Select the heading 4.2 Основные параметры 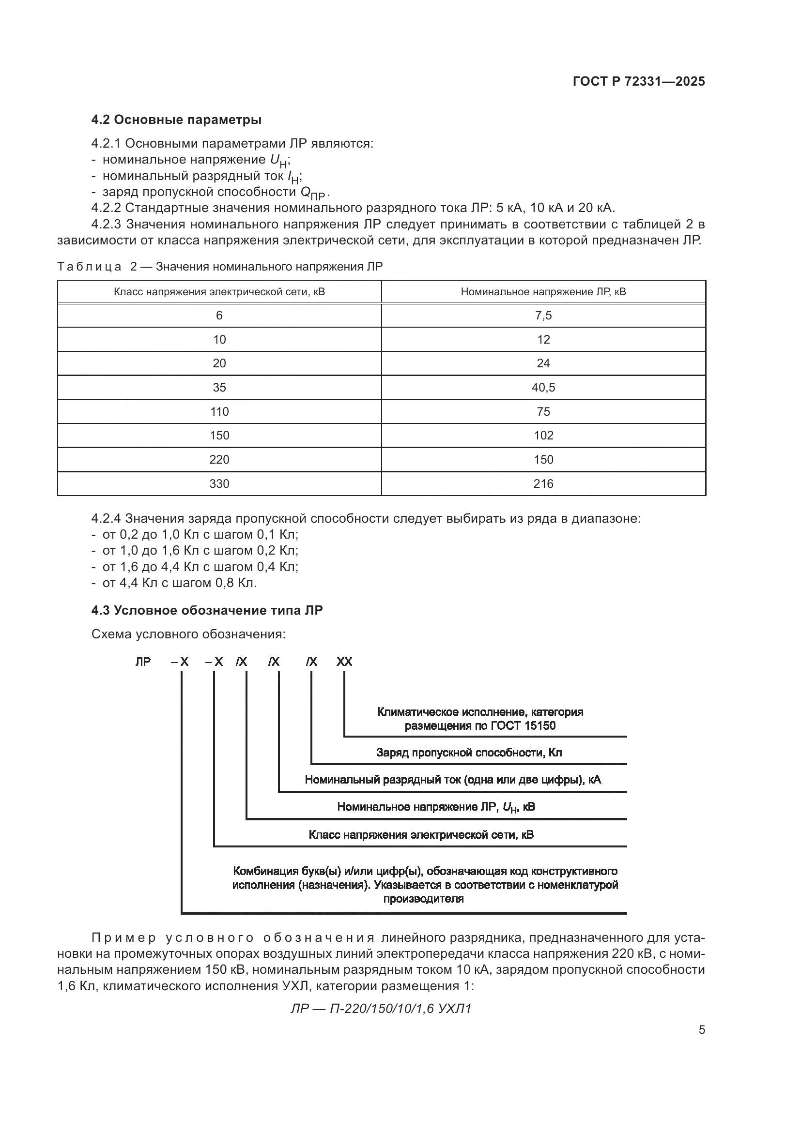176,120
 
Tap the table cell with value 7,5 543,316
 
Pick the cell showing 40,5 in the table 543,388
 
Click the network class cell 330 219,483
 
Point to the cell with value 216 543,483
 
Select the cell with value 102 543,436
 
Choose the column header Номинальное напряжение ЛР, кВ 543,292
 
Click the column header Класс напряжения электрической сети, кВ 219,292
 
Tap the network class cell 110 219,412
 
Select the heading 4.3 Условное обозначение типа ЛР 207,610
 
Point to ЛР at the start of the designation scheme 143,662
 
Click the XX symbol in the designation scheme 344,662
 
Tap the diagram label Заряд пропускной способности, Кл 469,753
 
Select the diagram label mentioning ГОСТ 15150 480,726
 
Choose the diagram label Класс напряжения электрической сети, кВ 421,835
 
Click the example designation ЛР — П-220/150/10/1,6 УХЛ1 381,1009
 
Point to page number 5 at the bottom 701,1030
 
